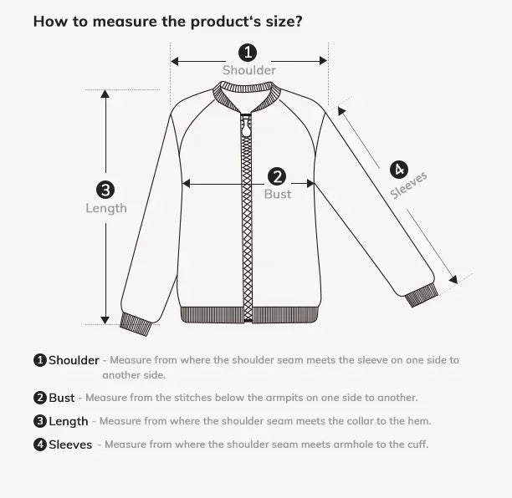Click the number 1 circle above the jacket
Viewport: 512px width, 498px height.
coord(248,52)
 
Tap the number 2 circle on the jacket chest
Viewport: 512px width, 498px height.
coord(277,176)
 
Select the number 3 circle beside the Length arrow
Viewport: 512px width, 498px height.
coord(105,190)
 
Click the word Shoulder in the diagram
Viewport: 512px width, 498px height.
coord(248,70)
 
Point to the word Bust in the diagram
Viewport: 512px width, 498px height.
coord(278,194)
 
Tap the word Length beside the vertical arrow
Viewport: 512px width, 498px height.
coord(106,207)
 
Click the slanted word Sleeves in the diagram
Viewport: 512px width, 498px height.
coord(409,185)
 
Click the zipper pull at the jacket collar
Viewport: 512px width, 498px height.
coord(246,128)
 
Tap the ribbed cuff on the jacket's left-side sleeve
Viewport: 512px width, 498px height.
coord(135,322)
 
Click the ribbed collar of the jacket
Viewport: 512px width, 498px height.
coord(247,101)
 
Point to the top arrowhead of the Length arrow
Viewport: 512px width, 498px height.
coord(105,95)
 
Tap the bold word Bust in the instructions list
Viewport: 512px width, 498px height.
coord(61,398)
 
